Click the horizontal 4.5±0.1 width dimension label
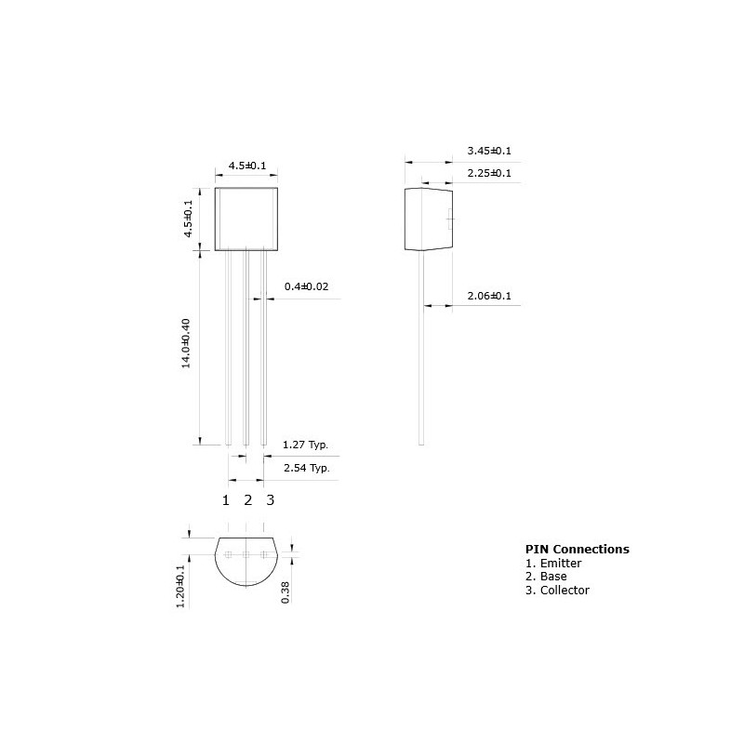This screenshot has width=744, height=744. click(x=247, y=166)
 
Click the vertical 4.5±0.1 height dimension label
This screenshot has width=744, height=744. click(x=189, y=219)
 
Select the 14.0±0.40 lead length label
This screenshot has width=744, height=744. click(x=186, y=343)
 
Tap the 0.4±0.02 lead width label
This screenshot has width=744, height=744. click(x=306, y=286)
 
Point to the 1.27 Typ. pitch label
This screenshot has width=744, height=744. click(x=305, y=445)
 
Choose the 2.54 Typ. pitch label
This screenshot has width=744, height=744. click(x=307, y=468)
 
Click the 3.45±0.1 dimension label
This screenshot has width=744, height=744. click(x=489, y=151)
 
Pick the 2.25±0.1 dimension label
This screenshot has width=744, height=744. click(x=489, y=173)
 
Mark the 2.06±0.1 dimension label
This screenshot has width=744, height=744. click(x=489, y=296)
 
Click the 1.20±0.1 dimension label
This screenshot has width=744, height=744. click(x=180, y=586)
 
